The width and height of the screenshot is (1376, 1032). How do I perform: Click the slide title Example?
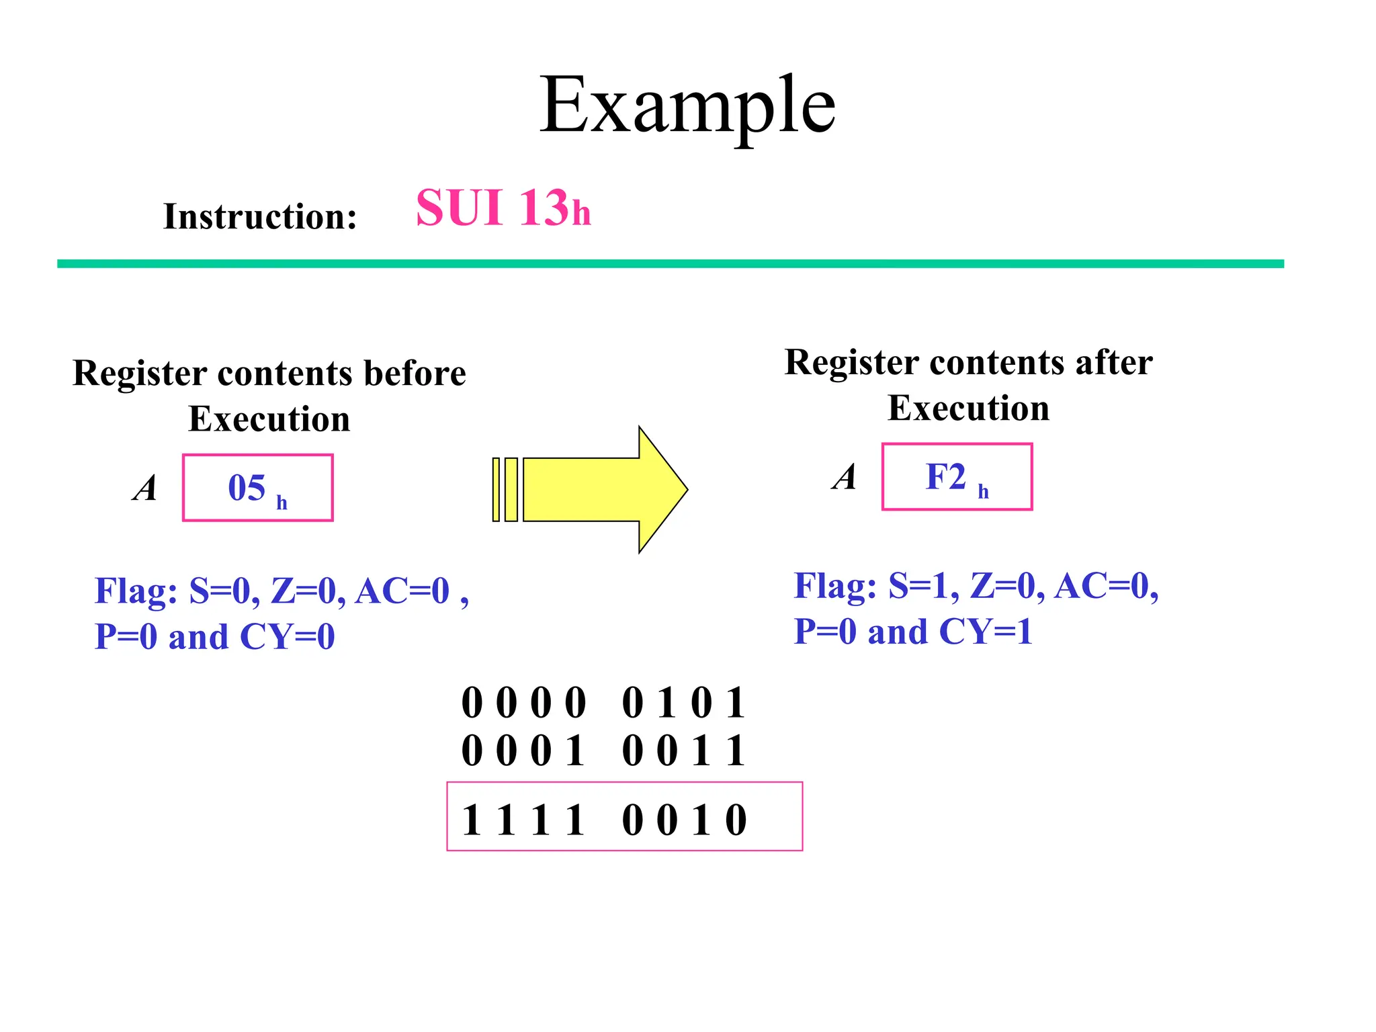pyautogui.click(x=687, y=106)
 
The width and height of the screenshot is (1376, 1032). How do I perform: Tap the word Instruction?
pyautogui.click(x=260, y=216)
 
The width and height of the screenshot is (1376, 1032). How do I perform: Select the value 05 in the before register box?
pyautogui.click(x=247, y=487)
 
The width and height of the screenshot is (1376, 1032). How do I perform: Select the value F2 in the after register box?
pyautogui.click(x=945, y=476)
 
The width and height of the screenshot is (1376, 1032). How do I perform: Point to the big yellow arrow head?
pyautogui.click(x=662, y=489)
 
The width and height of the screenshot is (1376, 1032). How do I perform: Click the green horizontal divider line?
pyautogui.click(x=670, y=264)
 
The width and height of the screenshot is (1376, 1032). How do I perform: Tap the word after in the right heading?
pyautogui.click(x=1114, y=362)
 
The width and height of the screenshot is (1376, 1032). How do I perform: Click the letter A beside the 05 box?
pyautogui.click(x=145, y=488)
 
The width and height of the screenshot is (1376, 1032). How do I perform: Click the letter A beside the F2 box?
pyautogui.click(x=845, y=477)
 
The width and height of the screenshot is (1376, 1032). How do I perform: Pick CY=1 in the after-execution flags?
pyautogui.click(x=985, y=632)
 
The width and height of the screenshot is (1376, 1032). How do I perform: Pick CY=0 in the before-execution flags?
pyautogui.click(x=287, y=636)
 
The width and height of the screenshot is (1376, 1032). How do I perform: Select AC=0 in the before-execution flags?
pyautogui.click(x=402, y=591)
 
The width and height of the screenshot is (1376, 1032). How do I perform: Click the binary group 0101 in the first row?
pyautogui.click(x=683, y=703)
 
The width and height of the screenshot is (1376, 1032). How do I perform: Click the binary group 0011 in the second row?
pyautogui.click(x=683, y=750)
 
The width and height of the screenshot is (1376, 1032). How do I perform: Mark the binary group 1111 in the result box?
pyautogui.click(x=523, y=820)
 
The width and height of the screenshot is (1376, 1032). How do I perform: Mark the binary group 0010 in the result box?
pyautogui.click(x=683, y=820)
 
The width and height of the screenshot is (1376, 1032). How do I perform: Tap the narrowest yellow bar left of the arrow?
pyautogui.click(x=496, y=489)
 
